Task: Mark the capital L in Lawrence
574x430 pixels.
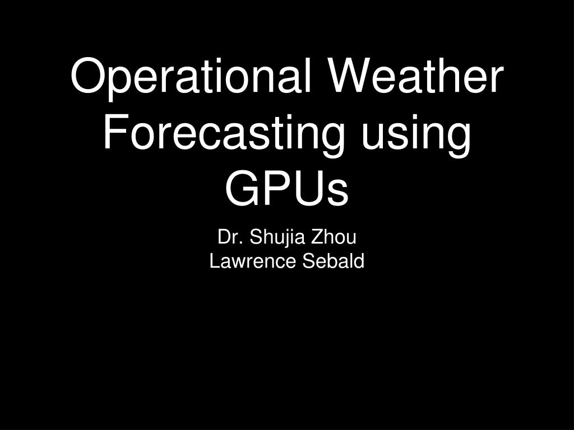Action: click(214, 261)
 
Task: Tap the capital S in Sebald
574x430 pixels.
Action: click(308, 261)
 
